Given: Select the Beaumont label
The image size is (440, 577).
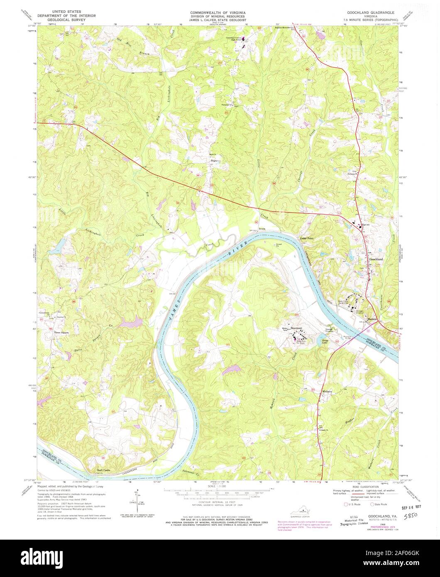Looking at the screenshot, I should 296,328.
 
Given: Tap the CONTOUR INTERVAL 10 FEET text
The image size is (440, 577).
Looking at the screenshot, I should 220,502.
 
